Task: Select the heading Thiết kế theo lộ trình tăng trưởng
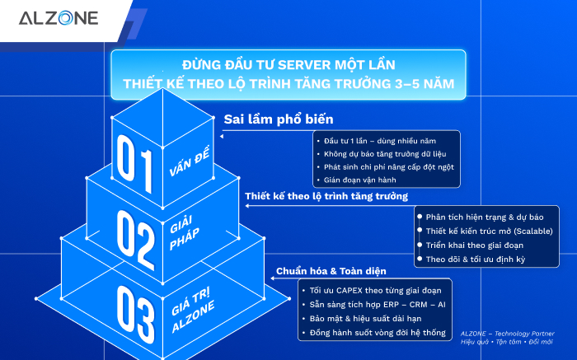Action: tap(326, 196)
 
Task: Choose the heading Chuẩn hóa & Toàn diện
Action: tap(326, 271)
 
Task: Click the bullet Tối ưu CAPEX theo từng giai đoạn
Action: tap(375, 291)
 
